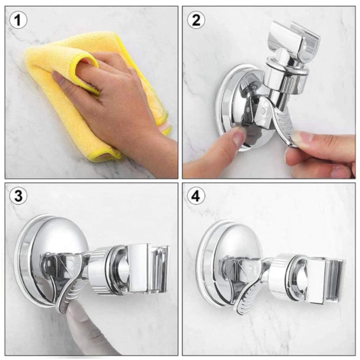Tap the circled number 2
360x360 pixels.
(197, 20)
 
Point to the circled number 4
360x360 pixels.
(197, 196)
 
